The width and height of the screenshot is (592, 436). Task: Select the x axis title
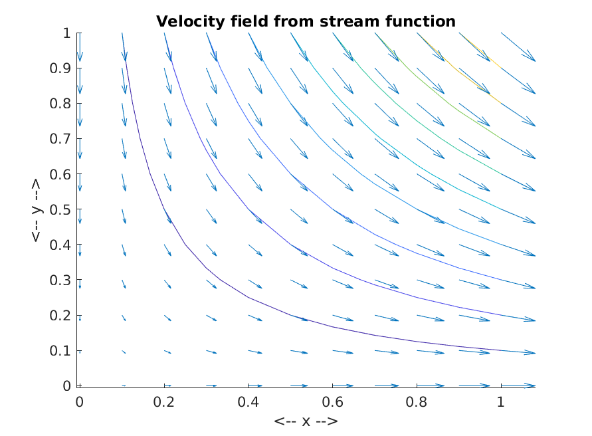306,421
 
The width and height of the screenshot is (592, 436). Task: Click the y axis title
37,210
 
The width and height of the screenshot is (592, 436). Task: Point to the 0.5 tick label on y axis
60,209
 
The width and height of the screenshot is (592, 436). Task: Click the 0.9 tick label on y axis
60,68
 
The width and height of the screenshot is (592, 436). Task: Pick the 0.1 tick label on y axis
60,351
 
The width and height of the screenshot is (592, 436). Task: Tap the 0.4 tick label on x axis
248,402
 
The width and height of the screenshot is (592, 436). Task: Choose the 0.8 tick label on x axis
417,402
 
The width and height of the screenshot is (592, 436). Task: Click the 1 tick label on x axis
500,402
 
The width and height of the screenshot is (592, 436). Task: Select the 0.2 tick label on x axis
164,402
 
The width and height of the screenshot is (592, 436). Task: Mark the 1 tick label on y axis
67,33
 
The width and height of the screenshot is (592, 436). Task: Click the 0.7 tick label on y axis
60,139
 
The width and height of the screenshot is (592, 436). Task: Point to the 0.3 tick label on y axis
60,280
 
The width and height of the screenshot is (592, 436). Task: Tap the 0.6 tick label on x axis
332,402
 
